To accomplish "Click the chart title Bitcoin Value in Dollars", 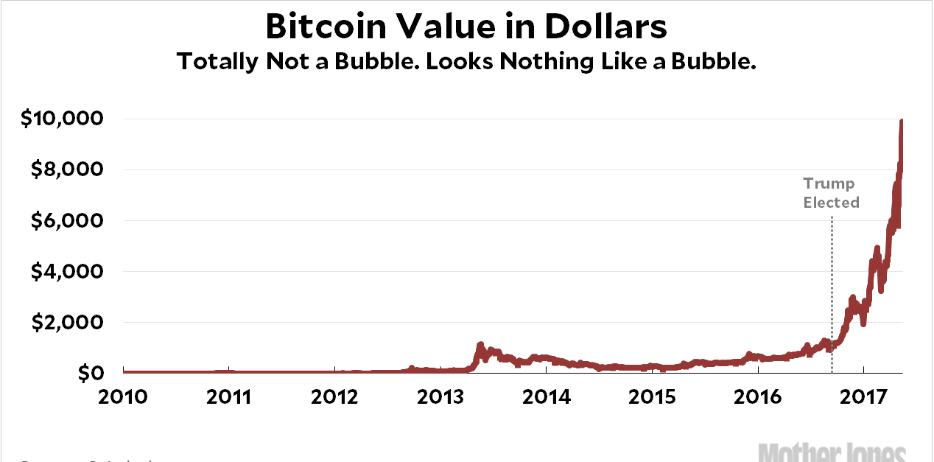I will (466, 27).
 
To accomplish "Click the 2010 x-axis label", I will (123, 396).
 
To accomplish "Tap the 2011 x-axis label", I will (229, 396).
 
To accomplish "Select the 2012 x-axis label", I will (334, 396).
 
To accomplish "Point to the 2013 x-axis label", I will (440, 396).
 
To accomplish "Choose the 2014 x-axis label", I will (546, 396).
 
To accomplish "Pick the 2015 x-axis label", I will (652, 396).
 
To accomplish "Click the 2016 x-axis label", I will (757, 396).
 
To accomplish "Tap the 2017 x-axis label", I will (863, 396).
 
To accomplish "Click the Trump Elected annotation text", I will (831, 193).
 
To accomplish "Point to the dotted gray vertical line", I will (832, 280).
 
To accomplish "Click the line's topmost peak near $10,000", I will (902, 121).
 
